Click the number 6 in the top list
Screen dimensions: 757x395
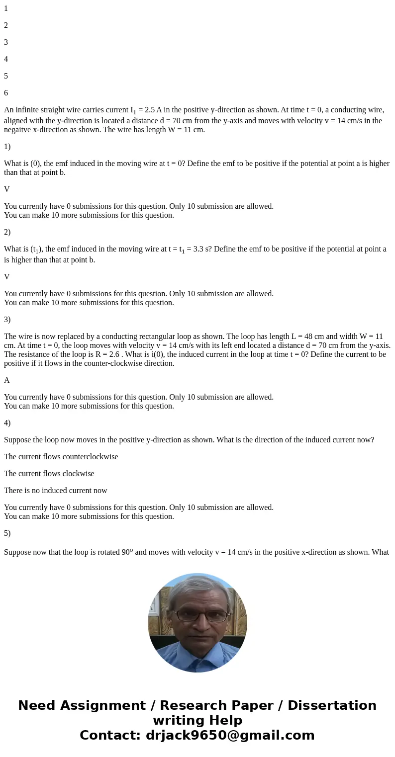pyautogui.click(x=6, y=93)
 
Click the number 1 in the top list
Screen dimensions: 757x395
pyautogui.click(x=6, y=8)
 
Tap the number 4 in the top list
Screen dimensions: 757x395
pyautogui.click(x=6, y=59)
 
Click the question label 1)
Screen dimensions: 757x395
pyautogui.click(x=7, y=147)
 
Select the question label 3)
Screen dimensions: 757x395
pyautogui.click(x=7, y=320)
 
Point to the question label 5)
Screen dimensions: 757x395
pyautogui.click(x=7, y=533)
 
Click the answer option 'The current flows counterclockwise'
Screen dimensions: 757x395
pyautogui.click(x=61, y=457)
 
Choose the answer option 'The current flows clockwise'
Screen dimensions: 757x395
pyautogui.click(x=49, y=474)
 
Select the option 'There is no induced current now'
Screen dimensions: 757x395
pyautogui.click(x=56, y=491)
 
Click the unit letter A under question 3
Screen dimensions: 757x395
pyautogui.click(x=7, y=380)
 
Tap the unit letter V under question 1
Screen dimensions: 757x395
pyautogui.click(x=7, y=189)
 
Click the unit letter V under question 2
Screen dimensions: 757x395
pyautogui.click(x=7, y=277)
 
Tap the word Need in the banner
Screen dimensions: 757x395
pyautogui.click(x=38, y=706)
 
